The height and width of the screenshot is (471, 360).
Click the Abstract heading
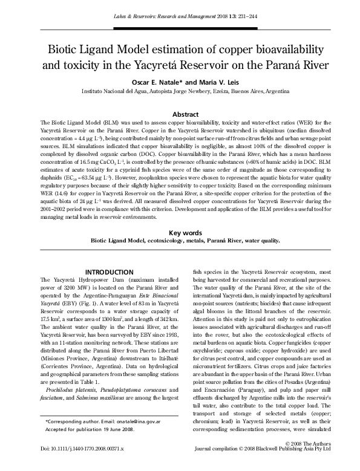point(186,114)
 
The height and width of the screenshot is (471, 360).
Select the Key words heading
point(185,232)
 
